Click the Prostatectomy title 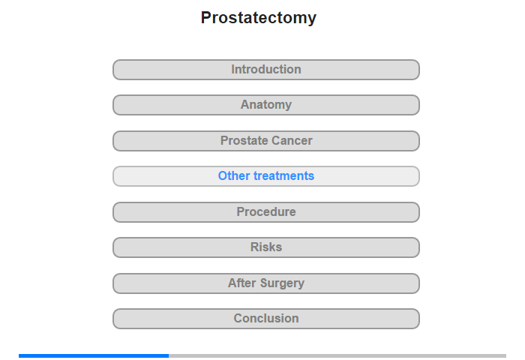259,18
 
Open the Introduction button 266,70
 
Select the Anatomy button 266,105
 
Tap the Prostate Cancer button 266,141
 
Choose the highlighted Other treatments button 266,176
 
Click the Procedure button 266,212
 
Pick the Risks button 266,247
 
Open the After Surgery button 266,283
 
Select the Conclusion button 266,319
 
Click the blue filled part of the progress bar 94,355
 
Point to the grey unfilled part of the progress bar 337,355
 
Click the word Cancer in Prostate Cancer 292,141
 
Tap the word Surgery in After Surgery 282,283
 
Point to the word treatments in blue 284,175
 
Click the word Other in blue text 234,175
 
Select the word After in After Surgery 242,283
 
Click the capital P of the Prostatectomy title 205,17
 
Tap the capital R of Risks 254,247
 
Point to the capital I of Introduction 232,69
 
